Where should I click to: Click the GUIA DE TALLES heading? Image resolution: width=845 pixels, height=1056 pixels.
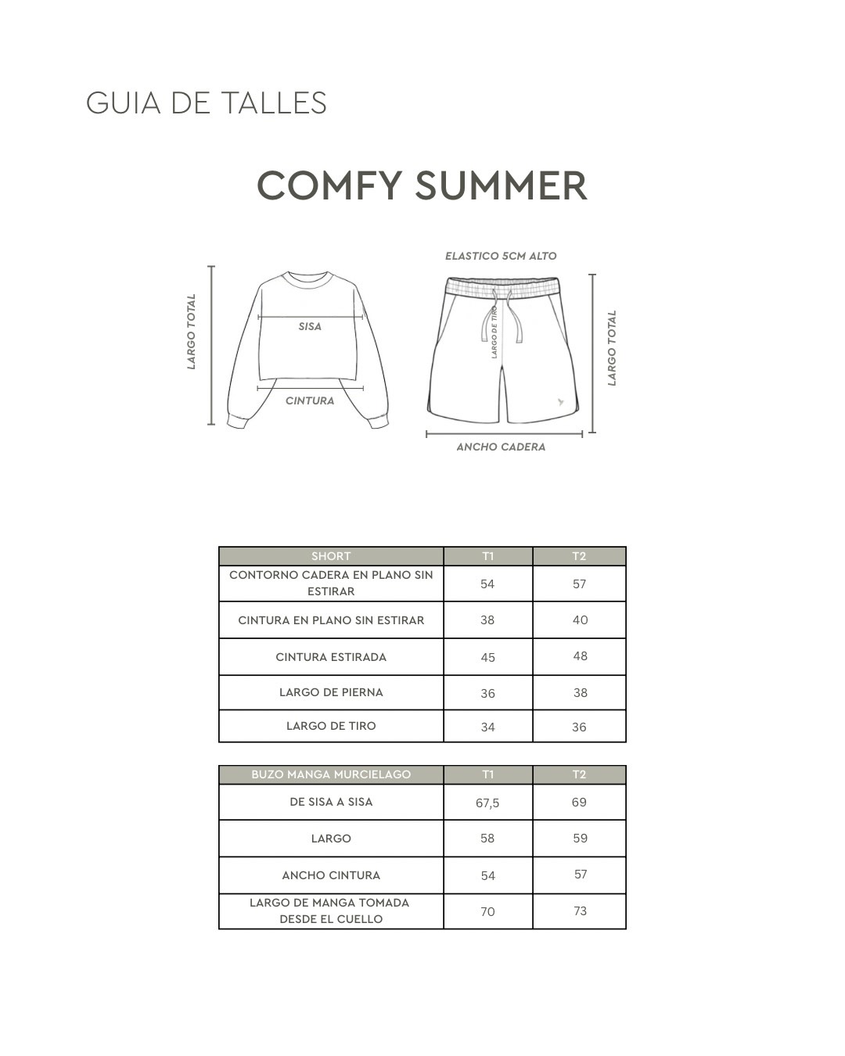coord(206,103)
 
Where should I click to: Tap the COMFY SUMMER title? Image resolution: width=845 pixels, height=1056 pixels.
coord(422,186)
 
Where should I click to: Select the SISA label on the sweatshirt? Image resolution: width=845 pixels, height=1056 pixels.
coord(310,326)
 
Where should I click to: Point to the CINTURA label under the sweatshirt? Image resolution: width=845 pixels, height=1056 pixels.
coord(310,400)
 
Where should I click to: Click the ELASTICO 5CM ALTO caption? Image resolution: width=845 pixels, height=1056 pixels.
coord(501,256)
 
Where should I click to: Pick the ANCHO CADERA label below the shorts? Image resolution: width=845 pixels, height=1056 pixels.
coord(501,447)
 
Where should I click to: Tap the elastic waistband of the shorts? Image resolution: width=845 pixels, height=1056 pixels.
coord(502,287)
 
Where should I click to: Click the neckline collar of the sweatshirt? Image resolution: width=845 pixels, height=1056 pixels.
coord(310,279)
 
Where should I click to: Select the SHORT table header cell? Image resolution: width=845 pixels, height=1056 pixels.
coord(331,556)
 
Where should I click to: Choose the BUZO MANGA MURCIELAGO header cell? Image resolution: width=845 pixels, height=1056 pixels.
coord(331,774)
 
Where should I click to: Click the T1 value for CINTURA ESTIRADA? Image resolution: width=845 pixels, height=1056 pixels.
coord(487,657)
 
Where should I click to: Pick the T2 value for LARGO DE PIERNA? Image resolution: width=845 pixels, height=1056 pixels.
coord(580,693)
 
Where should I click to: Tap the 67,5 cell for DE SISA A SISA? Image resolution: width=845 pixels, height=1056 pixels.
coord(487,803)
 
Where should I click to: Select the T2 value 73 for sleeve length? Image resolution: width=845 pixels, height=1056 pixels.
coord(580,911)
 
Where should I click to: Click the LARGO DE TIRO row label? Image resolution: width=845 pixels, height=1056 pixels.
coord(331,726)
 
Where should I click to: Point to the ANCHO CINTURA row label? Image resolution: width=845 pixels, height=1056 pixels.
coord(331,875)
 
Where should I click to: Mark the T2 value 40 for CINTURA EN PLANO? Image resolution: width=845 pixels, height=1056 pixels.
coord(580,620)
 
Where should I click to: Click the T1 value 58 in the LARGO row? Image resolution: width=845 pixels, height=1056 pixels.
coord(487,839)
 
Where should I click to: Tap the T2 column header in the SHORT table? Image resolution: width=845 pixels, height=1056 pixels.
coord(579,556)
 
